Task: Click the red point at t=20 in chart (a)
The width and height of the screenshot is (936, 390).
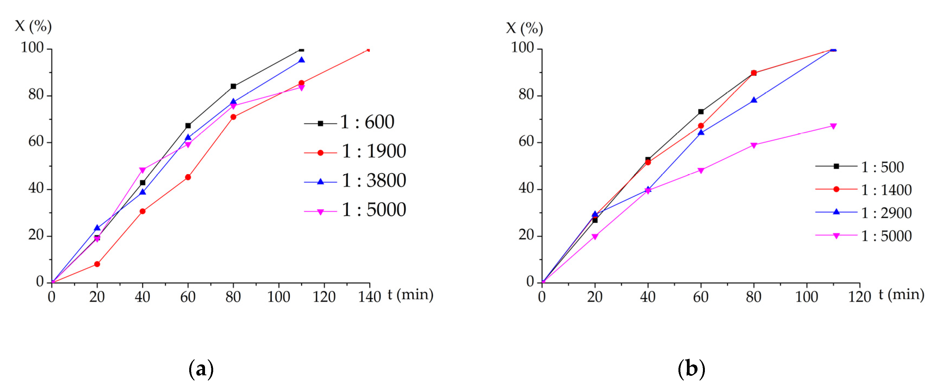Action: [x=97, y=264]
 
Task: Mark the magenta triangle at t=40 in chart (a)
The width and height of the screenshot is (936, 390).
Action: [x=142, y=170]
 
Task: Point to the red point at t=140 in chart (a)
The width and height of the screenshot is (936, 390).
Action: [x=369, y=49]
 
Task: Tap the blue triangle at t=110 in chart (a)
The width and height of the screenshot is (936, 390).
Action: [x=301, y=60]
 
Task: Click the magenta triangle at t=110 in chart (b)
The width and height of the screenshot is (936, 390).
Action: [x=833, y=126]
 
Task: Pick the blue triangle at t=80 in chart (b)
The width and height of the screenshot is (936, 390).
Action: [x=754, y=100]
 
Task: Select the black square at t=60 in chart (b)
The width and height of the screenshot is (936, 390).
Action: [x=701, y=112]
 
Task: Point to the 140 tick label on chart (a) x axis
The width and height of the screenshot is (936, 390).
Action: [x=369, y=297]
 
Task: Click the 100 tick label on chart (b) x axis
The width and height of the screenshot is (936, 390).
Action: [x=807, y=297]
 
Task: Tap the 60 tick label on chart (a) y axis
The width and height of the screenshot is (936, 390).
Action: [x=36, y=142]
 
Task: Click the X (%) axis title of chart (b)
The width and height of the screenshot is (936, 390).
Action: [x=524, y=28]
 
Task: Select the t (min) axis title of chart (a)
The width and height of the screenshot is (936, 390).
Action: [x=410, y=294]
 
